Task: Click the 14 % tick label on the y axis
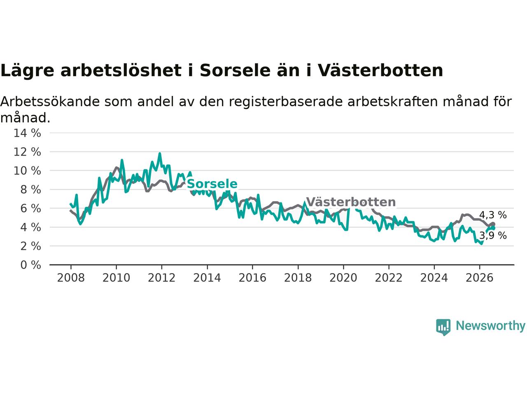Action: point(27,133)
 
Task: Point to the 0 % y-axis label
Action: point(30,265)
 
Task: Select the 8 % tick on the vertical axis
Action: point(30,190)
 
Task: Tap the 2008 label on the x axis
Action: point(71,278)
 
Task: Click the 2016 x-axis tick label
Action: point(252,278)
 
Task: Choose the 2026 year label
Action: point(480,278)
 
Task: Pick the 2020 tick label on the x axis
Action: point(343,278)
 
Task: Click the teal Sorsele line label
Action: point(212,184)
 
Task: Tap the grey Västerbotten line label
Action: point(351,202)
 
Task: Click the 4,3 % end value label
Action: point(493,215)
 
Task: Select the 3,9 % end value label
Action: point(493,235)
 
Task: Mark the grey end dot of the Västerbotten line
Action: point(493,224)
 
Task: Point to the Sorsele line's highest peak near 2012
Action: point(160,153)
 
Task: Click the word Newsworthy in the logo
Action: point(490,326)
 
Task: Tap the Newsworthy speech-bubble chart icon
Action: point(443,327)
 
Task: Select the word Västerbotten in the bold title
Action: point(380,70)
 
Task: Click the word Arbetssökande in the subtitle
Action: point(50,102)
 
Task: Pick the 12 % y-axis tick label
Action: point(27,152)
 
